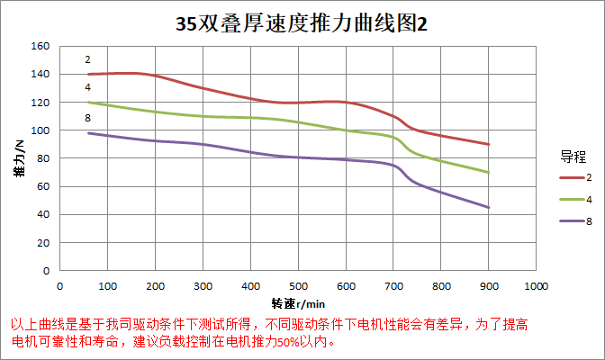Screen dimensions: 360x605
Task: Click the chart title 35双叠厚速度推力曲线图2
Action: (302, 24)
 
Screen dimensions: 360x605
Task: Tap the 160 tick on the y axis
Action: (39, 46)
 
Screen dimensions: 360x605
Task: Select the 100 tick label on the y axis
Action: (39, 130)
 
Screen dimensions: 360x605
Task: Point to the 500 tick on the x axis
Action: (298, 286)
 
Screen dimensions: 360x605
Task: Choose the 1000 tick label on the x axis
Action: (536, 286)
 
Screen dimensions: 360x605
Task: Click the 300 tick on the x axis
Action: (203, 286)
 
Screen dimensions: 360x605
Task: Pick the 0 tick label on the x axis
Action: (59, 286)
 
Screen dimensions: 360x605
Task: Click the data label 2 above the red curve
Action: (87, 60)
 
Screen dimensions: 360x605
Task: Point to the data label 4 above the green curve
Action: (87, 87)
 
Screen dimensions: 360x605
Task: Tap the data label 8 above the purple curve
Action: (87, 119)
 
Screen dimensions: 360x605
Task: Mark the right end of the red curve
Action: (489, 144)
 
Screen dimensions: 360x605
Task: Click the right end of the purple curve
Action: (489, 207)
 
